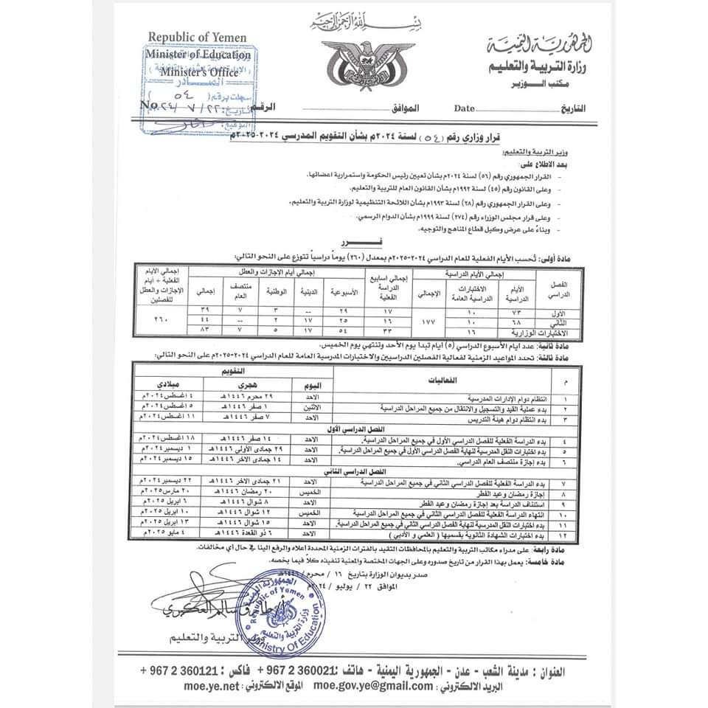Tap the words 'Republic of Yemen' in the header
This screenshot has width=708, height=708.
click(x=197, y=38)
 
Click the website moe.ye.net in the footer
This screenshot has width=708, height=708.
click(x=213, y=685)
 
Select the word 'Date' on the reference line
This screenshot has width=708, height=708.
click(x=465, y=108)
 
